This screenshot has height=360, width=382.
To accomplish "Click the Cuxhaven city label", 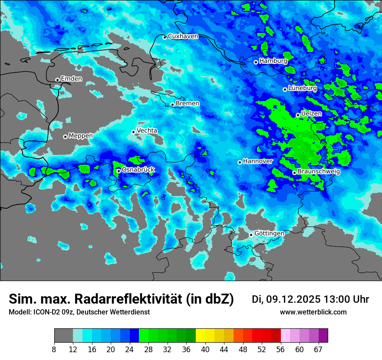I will point(183,36).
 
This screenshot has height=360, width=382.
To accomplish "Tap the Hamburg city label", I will point(273,61).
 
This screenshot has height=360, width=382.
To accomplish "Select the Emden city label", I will point(71,79).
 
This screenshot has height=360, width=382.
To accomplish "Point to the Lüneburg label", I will point(303,88).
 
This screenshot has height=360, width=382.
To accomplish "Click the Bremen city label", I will point(188,104).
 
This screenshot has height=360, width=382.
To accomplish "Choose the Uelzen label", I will point(311,114).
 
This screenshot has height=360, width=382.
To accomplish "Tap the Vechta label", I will point(147,131).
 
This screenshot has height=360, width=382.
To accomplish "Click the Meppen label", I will point(81,136).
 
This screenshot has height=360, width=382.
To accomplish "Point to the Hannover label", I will point(258,161).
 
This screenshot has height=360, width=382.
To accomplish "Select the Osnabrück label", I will point(138,170).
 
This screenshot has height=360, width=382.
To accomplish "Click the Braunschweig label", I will point(319,172).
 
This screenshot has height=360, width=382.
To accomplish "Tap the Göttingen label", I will point(269,234).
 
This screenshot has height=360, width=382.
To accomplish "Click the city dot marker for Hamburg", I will point(256,62).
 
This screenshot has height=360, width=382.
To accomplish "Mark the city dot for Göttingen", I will point(251,235).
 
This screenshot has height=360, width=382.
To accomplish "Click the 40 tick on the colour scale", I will point(205,349).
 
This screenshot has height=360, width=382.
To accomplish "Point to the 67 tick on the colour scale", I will point(319,349).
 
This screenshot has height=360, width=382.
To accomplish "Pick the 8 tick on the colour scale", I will point(54,349).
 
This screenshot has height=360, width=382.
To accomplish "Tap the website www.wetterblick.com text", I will point(313,312).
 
